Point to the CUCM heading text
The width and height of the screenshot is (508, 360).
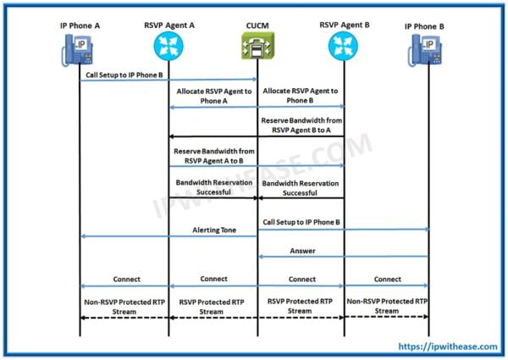point(257,25)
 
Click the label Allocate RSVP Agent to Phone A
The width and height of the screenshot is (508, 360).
point(213,95)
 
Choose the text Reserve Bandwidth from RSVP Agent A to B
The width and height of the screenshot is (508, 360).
point(213,155)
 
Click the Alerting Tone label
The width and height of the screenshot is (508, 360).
point(213,229)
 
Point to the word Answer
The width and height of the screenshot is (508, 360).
point(303,250)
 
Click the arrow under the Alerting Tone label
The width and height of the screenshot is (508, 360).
point(169,236)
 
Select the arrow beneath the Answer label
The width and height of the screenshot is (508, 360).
point(343,258)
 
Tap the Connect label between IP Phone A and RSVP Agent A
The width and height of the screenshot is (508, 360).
point(125,279)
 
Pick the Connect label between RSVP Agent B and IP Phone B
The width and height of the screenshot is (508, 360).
point(387,279)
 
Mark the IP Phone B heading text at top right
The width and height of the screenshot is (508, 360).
point(428,26)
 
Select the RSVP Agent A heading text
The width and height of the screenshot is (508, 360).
point(169,25)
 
